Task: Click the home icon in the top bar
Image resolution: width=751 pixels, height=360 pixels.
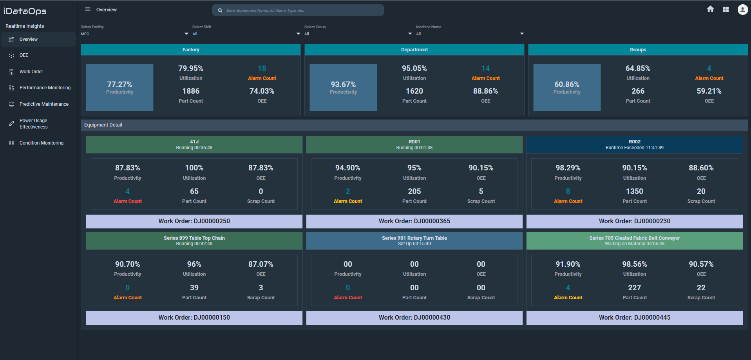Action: [x=710, y=9]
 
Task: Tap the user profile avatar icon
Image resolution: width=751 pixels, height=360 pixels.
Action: [x=742, y=9]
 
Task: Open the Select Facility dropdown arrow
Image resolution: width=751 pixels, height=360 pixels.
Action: [x=186, y=34]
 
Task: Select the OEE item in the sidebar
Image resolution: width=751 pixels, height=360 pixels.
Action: [x=24, y=55]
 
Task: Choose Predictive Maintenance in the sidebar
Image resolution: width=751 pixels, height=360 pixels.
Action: [x=44, y=104]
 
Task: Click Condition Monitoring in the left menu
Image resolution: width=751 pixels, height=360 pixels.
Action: [x=42, y=143]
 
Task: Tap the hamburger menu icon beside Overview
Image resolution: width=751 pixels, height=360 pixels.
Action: [x=88, y=9]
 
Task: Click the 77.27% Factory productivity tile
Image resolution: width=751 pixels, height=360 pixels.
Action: [x=119, y=87]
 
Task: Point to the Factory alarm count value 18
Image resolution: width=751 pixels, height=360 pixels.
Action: [x=262, y=68]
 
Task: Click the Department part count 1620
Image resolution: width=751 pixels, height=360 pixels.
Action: [x=414, y=91]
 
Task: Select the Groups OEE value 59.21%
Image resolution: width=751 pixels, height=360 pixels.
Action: [x=709, y=91]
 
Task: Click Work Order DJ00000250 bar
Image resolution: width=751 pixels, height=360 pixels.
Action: [x=194, y=221]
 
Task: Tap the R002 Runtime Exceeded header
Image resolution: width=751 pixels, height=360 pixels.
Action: [x=634, y=145]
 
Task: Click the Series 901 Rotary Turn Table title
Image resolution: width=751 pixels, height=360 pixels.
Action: [x=414, y=238]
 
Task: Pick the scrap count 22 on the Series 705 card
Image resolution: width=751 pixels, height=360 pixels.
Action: [x=701, y=288]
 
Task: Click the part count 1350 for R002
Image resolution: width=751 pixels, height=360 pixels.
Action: [x=634, y=191]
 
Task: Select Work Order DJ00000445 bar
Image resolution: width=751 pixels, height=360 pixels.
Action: [x=634, y=318]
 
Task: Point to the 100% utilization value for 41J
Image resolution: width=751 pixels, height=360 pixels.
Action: [x=194, y=168]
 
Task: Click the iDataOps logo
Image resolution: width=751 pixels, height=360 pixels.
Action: [x=25, y=11]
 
